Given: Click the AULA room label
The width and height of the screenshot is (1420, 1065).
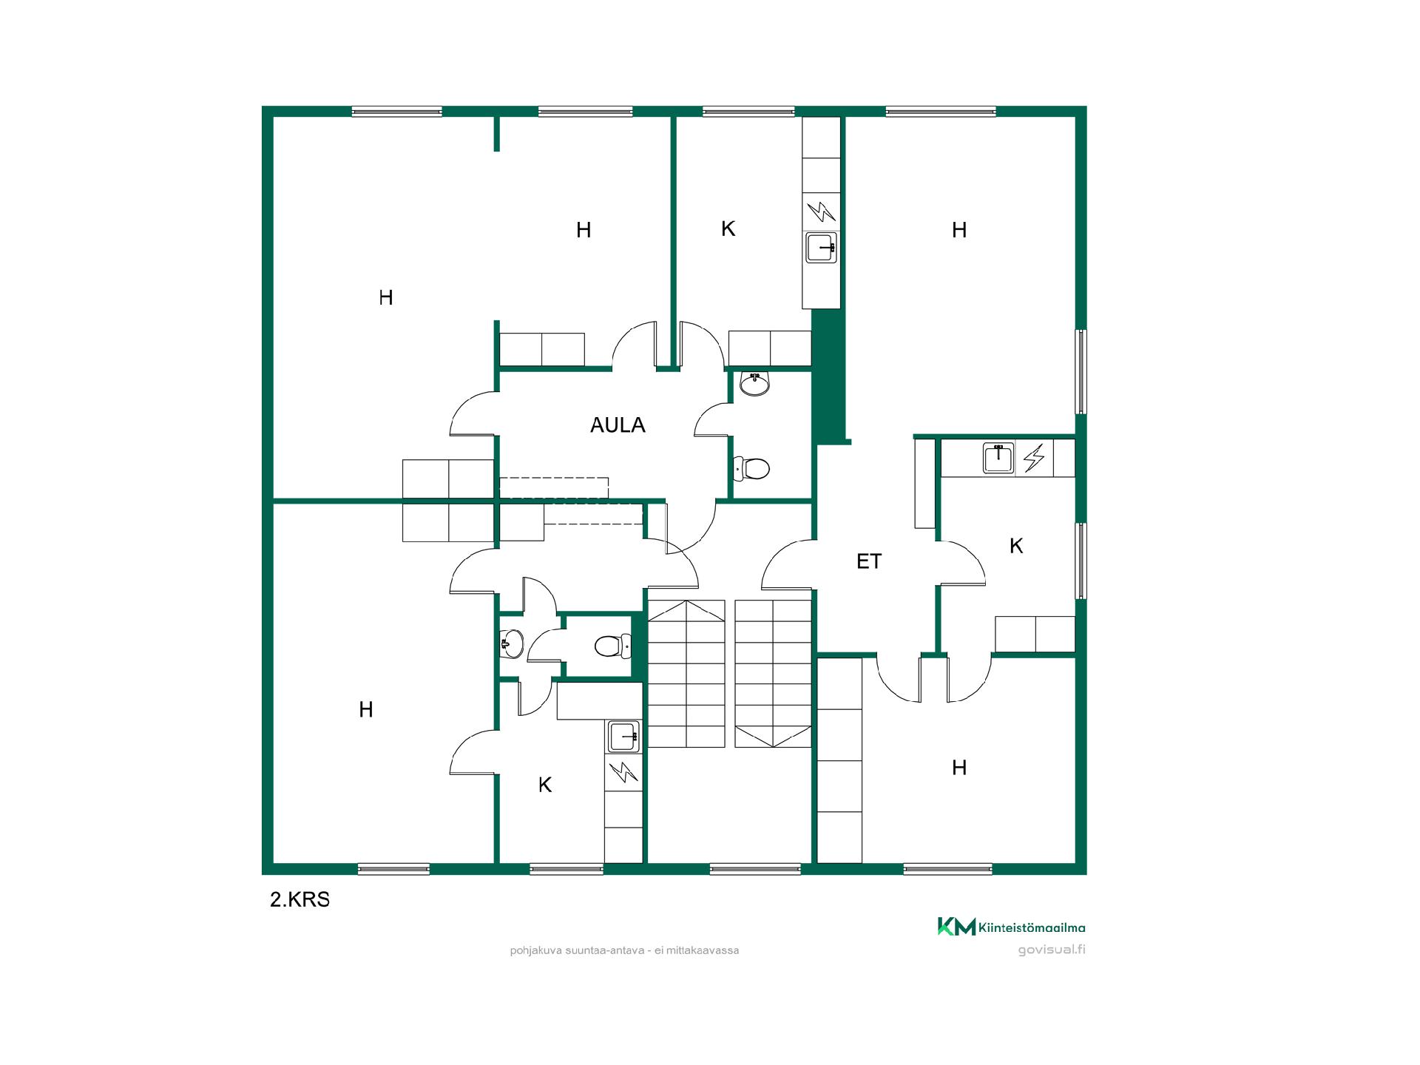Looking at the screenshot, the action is coord(618,425).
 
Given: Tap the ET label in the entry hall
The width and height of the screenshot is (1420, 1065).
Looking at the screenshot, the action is coord(869,561).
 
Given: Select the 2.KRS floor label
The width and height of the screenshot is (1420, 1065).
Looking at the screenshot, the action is coord(300,899).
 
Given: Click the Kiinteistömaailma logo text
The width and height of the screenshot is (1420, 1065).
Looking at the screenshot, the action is coord(1032,927).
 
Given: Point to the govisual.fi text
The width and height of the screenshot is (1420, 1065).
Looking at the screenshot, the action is coord(1052,950).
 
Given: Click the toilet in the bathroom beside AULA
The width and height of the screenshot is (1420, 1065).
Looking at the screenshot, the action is coord(751,468).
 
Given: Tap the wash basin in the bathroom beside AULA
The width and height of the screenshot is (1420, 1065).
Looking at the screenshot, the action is coord(755,383).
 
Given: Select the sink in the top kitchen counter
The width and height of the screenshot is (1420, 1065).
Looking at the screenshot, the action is coord(821,248).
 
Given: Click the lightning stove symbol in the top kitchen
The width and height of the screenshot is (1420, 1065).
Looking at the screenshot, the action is coord(821,212).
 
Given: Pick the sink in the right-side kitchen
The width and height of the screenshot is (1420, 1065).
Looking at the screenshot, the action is coord(998,458).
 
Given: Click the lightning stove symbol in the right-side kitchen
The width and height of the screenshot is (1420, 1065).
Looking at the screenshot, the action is coord(1034,458).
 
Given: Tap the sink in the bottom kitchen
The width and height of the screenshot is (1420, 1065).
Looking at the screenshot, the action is coord(623,737).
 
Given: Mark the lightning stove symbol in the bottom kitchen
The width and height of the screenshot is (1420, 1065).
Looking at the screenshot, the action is coord(623,772).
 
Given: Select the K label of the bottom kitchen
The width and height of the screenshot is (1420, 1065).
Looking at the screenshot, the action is coord(545,785).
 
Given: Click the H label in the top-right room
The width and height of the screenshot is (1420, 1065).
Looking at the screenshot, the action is coord(959,231).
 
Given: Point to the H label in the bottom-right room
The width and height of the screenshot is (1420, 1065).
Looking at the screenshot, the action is coord(959,768).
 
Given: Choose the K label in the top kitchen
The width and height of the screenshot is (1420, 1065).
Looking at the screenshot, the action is coord(728,229).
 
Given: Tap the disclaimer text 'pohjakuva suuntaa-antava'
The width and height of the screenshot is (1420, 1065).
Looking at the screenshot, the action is coord(577,950).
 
